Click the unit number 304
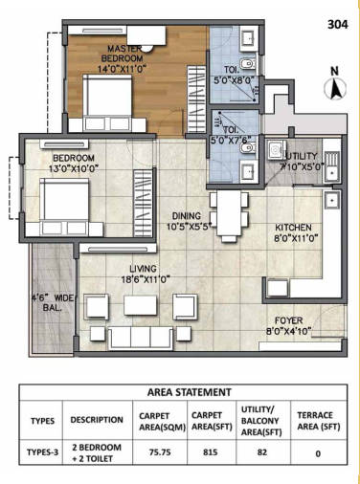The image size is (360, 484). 338,25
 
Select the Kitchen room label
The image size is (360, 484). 293,228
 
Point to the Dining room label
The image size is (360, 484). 187,216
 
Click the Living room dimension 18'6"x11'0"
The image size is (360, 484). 145,279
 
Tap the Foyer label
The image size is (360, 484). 289,320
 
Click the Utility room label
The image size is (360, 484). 302,156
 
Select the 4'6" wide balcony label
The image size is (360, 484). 53,303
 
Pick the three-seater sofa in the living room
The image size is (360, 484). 141,338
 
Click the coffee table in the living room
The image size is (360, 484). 141,305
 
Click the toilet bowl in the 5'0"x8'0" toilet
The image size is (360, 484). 247,64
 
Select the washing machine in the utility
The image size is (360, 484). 274,149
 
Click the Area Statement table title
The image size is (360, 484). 190,392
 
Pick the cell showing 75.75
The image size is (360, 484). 160,452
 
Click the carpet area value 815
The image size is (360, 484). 210,452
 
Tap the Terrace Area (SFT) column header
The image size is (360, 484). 319,421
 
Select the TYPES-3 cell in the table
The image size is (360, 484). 42,452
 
